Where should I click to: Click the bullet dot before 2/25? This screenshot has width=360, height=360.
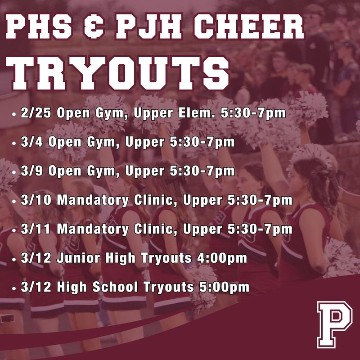click(14, 114)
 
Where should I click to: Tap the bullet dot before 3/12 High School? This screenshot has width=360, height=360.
click(14, 287)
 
